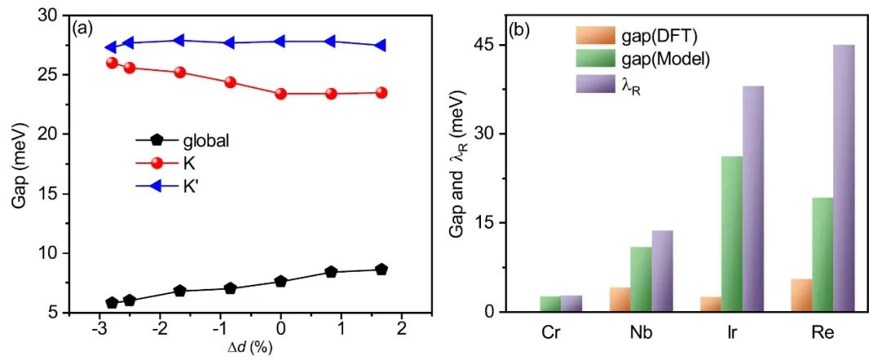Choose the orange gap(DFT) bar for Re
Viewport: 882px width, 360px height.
pyautogui.click(x=802, y=295)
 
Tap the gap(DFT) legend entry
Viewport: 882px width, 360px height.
pyautogui.click(x=641, y=36)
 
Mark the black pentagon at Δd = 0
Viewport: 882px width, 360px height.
pyautogui.click(x=281, y=282)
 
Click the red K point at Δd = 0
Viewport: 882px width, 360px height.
pyautogui.click(x=281, y=94)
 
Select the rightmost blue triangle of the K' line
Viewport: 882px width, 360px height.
pyautogui.click(x=381, y=46)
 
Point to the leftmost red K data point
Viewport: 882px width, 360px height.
pyautogui.click(x=112, y=63)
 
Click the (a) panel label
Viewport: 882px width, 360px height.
pyautogui.click(x=82, y=28)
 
